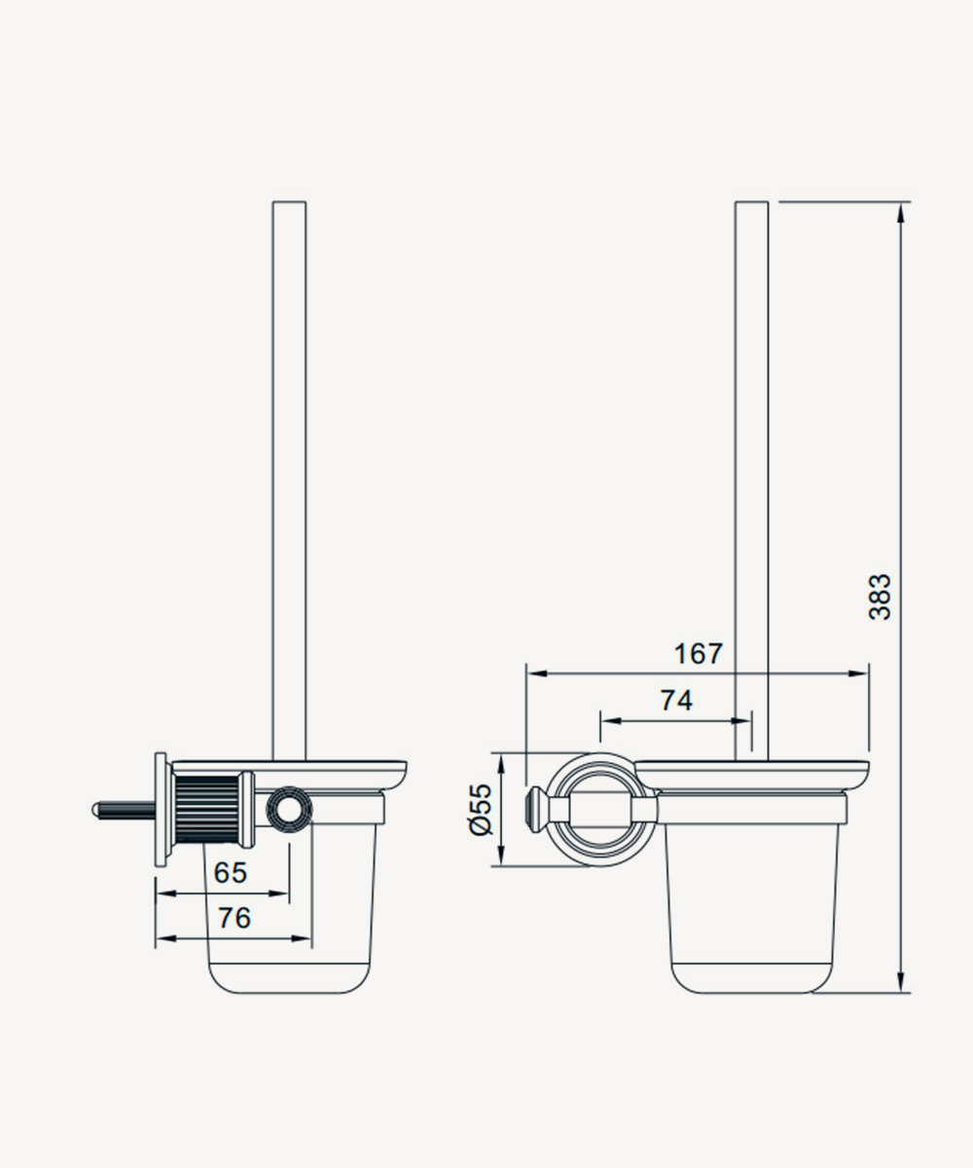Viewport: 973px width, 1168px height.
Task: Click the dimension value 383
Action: pyautogui.click(x=881, y=597)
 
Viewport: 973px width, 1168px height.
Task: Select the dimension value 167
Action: pyautogui.click(x=699, y=653)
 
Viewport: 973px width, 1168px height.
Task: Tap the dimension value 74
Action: pyautogui.click(x=676, y=701)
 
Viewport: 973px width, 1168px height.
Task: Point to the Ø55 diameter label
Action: pyautogui.click(x=481, y=810)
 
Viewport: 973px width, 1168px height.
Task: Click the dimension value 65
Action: pyautogui.click(x=231, y=873)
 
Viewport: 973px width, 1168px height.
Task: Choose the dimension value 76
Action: pyautogui.click(x=234, y=918)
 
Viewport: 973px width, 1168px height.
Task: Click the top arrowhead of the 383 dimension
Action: pyautogui.click(x=900, y=214)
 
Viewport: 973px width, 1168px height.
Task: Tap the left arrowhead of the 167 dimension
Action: pyautogui.click(x=537, y=674)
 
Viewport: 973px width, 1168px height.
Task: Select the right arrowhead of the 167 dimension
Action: pyautogui.click(x=858, y=674)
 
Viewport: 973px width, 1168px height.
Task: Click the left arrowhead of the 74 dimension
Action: pyautogui.click(x=611, y=721)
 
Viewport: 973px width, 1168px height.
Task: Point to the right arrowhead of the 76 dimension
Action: pyautogui.click(x=302, y=938)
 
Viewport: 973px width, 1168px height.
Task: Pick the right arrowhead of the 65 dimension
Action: pyautogui.click(x=279, y=894)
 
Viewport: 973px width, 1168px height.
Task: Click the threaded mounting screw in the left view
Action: pyautogui.click(x=124, y=811)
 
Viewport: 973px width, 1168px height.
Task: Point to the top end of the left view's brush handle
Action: pyautogui.click(x=289, y=201)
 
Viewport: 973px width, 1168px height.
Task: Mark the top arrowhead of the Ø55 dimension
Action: pyautogui.click(x=501, y=764)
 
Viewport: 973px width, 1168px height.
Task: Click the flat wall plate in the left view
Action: pyautogui.click(x=162, y=810)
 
